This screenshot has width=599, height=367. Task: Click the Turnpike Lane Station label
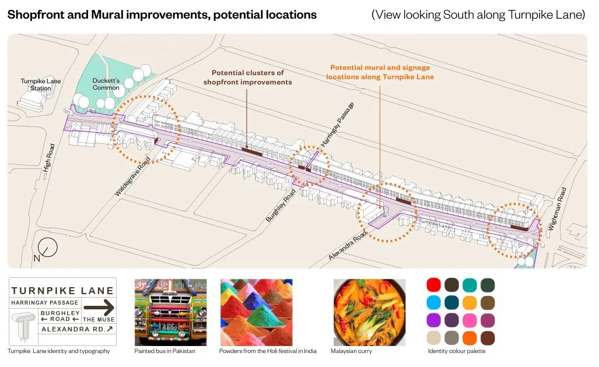point(41,84)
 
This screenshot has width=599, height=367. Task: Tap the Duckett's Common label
point(106,84)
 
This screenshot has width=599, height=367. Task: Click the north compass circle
point(49,247)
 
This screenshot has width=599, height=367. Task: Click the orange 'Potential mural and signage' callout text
point(380,72)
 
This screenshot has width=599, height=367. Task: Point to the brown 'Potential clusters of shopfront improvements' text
point(247,77)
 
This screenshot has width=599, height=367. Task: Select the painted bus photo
point(170,312)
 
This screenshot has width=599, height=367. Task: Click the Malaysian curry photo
point(369,312)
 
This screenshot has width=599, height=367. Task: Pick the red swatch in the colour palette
point(433,285)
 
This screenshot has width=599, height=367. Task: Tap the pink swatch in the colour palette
point(469,320)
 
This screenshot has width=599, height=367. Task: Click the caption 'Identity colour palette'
point(456,351)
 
